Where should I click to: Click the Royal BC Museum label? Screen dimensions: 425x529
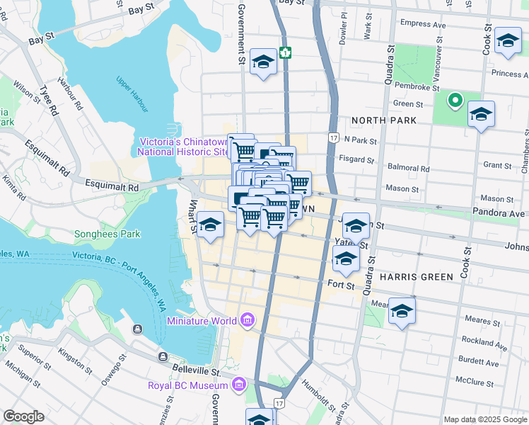187,385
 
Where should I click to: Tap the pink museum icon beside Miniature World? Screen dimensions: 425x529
247,321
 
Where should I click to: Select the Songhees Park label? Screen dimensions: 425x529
107,234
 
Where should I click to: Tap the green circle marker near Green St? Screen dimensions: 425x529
454,101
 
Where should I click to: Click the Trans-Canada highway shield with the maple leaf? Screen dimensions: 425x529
285,52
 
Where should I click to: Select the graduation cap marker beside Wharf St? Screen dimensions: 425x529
210,226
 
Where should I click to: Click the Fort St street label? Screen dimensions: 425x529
340,284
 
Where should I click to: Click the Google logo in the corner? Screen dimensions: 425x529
23,416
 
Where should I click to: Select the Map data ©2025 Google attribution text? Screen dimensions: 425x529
485,419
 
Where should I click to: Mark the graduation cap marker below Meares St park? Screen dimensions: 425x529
402,312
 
